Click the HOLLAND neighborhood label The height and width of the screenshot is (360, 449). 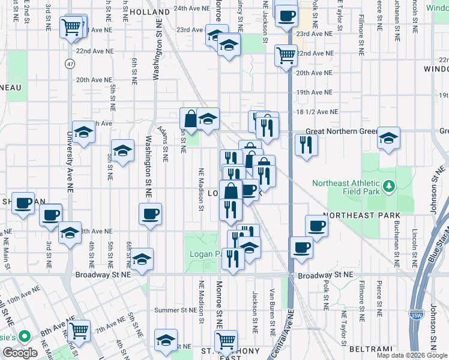[x=149, y=12]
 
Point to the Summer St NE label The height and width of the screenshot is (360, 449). [x=176, y=310]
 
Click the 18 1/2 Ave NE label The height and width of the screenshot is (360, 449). [x=317, y=112]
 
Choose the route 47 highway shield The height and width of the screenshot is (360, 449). [x=71, y=63]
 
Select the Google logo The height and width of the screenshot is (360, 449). [x=20, y=353]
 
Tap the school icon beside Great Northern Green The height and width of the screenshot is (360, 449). [x=388, y=139]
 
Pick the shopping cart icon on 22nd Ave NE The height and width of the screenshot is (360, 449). [x=286, y=55]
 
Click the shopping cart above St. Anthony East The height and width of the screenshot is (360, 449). [x=226, y=341]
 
